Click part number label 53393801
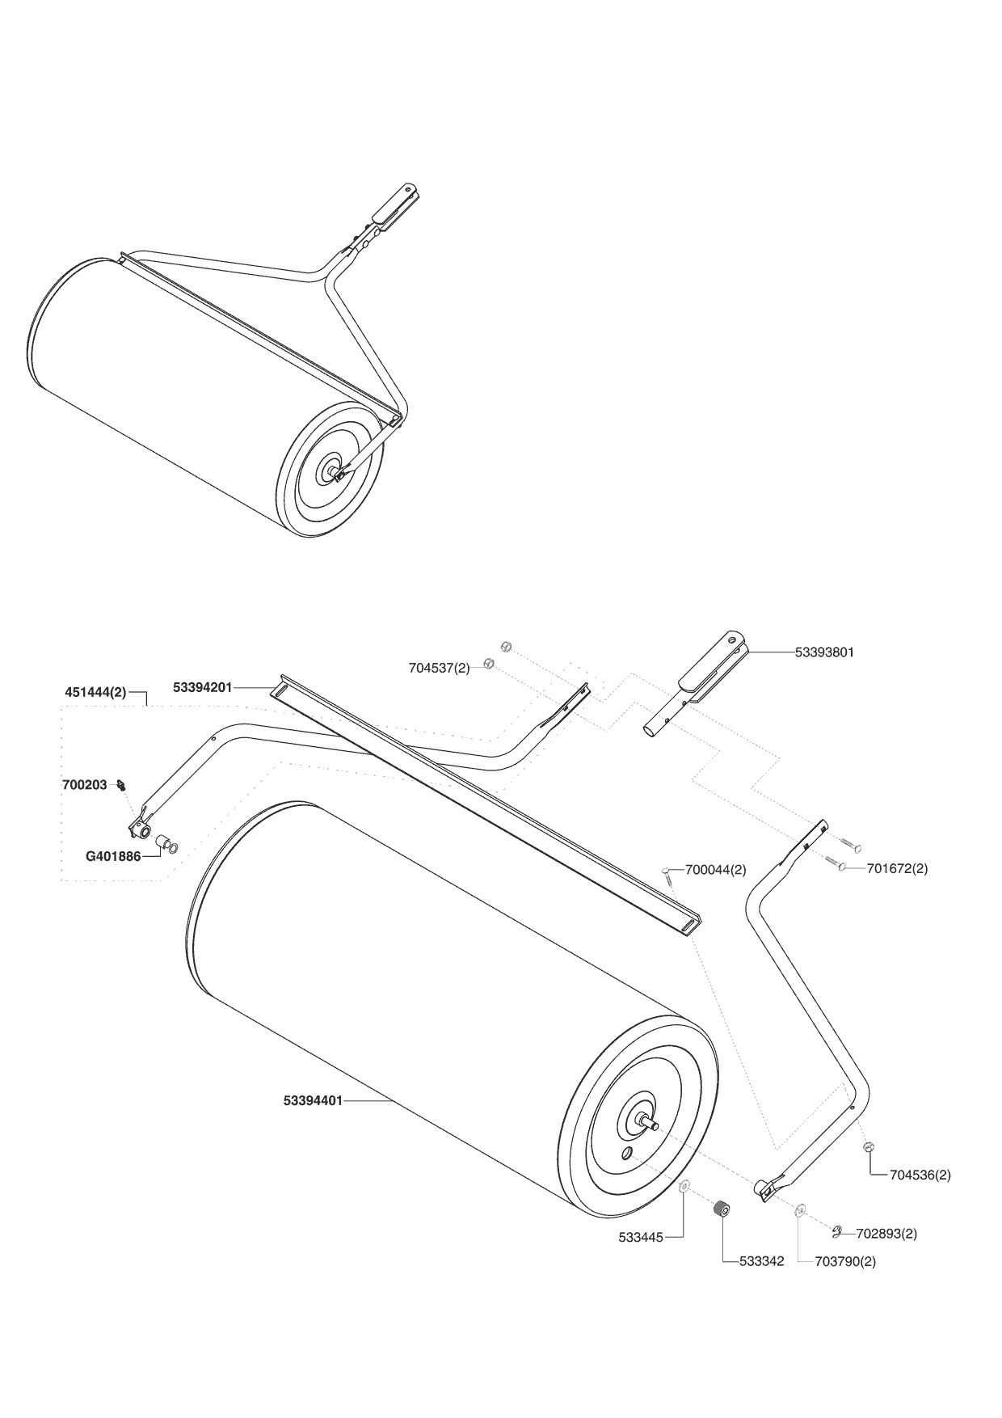click(x=824, y=652)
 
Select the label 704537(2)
click(x=439, y=668)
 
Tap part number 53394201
click(x=202, y=688)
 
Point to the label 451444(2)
click(x=95, y=693)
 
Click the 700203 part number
click(x=84, y=785)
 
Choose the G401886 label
click(x=114, y=855)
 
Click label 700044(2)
click(x=715, y=870)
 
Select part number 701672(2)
click(x=897, y=868)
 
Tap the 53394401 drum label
click(x=313, y=1100)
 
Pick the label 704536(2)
click(x=920, y=1175)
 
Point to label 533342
click(x=761, y=1261)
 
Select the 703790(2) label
click(x=845, y=1261)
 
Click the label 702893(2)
click(x=886, y=1234)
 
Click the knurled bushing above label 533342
click(x=722, y=1211)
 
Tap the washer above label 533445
click(x=684, y=1186)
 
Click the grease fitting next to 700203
click(x=121, y=783)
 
